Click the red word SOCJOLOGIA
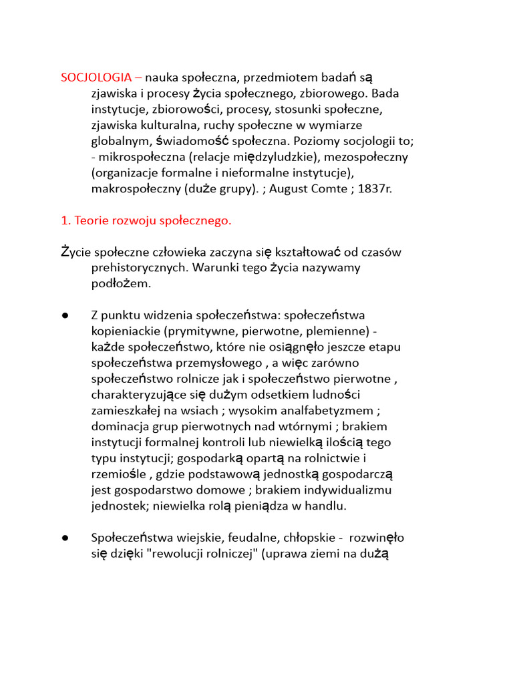(x=96, y=77)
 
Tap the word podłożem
(x=122, y=284)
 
